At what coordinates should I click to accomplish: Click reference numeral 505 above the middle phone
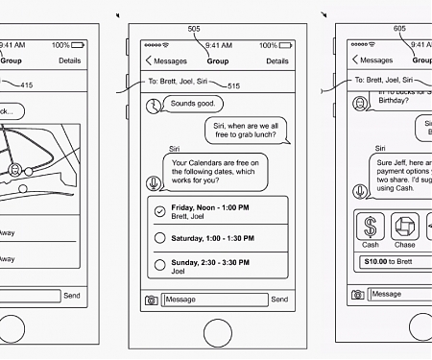pyautogui.click(x=195, y=29)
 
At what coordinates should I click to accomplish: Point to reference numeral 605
pyautogui.click(x=399, y=29)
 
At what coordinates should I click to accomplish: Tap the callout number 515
pyautogui.click(x=233, y=86)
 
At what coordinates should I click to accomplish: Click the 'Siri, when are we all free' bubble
pyautogui.click(x=245, y=129)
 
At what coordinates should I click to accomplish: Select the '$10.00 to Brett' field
pyautogui.click(x=394, y=261)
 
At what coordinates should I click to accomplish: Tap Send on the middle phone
pyautogui.click(x=279, y=300)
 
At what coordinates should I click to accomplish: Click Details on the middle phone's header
pyautogui.click(x=276, y=60)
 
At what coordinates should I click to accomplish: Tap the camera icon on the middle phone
pyautogui.click(x=151, y=300)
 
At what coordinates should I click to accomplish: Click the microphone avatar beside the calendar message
pyautogui.click(x=152, y=182)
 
